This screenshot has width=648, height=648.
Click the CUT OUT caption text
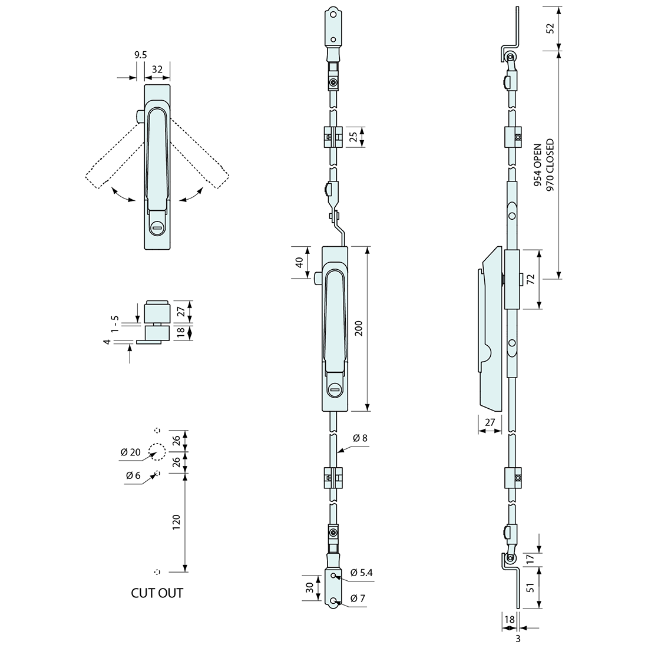tap(157, 593)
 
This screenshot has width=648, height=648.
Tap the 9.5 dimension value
tap(140, 55)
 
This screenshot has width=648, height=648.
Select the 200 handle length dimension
tap(359, 329)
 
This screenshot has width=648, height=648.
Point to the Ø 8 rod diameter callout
tap(360, 438)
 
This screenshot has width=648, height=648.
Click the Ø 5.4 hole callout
tap(362, 573)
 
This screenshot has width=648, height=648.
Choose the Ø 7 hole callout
tap(358, 599)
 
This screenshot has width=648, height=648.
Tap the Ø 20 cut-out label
tap(130, 452)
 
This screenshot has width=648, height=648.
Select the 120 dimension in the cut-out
tap(176, 522)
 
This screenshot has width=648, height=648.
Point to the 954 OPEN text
tap(537, 166)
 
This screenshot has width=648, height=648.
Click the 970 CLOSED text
tap(550, 166)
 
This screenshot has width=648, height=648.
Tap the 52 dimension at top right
tap(550, 28)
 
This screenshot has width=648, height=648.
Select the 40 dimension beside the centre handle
tap(299, 263)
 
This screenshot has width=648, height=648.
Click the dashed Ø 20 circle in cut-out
tap(157, 451)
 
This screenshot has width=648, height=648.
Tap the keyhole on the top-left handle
tap(157, 227)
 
